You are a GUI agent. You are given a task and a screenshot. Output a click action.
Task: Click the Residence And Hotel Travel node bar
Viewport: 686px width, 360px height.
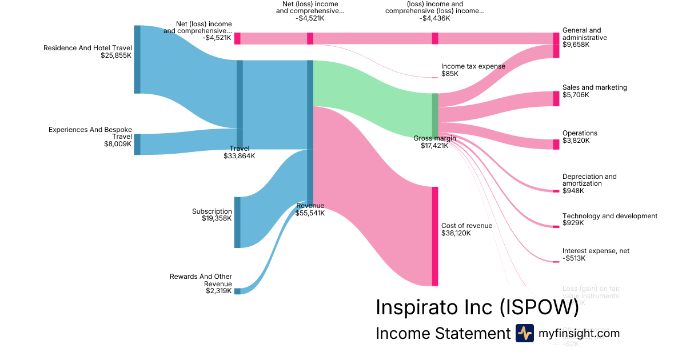coord(137,59)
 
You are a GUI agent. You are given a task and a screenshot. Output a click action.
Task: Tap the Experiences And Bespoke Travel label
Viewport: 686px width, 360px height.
coord(90,133)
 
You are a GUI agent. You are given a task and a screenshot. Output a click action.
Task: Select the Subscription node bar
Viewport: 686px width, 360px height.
coord(237,222)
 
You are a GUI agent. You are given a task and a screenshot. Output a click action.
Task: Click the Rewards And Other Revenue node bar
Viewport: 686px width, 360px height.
coord(237,291)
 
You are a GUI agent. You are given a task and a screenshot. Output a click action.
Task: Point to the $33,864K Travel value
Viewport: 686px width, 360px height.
coord(239,156)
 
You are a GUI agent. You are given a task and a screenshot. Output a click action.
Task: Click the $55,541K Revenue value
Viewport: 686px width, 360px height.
coord(310,213)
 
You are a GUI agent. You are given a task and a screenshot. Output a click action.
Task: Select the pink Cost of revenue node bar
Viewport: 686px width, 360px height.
coord(434,236)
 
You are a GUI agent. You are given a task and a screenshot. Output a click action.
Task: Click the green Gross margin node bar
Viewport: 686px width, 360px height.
coord(434,115)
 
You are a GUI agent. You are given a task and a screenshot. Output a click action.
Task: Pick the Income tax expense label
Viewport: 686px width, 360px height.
coord(473,66)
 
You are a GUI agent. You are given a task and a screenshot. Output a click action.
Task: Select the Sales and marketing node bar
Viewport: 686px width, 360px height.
coord(556,98)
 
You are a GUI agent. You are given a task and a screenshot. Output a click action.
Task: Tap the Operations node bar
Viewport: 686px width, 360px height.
coord(556,144)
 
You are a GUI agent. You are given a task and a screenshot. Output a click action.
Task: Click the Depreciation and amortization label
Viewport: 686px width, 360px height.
coord(589,180)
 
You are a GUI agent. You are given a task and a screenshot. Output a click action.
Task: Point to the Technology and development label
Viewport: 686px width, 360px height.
coord(609,216)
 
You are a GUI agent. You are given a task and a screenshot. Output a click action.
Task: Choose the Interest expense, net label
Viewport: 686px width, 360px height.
coord(596,251)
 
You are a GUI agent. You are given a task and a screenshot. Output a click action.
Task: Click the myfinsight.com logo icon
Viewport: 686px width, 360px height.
coord(524,333)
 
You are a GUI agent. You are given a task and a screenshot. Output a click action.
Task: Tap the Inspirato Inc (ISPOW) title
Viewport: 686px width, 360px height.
coord(477,307)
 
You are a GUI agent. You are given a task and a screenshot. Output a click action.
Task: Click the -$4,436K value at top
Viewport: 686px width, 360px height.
coord(434,18)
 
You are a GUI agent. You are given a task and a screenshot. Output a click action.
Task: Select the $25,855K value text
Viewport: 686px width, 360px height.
coord(116,56)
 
